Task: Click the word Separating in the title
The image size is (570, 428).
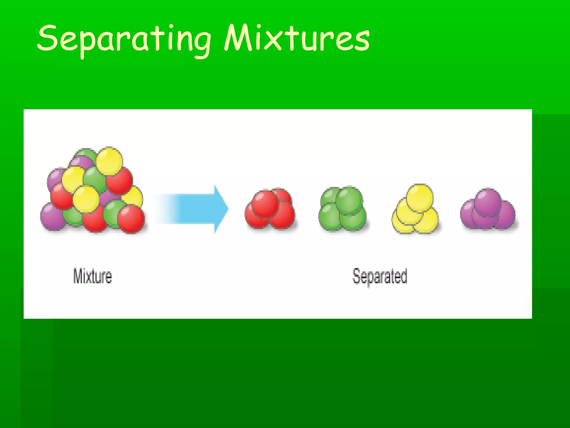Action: pyautogui.click(x=124, y=39)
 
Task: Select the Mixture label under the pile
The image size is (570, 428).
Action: pyautogui.click(x=92, y=276)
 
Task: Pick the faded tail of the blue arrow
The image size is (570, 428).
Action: pyautogui.click(x=164, y=209)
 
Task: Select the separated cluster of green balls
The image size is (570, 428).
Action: pyautogui.click(x=342, y=209)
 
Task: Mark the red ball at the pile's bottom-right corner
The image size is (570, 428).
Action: pyautogui.click(x=131, y=219)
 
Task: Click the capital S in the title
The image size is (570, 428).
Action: pyautogui.click(x=47, y=38)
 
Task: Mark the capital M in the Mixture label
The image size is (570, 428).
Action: pyautogui.click(x=78, y=276)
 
